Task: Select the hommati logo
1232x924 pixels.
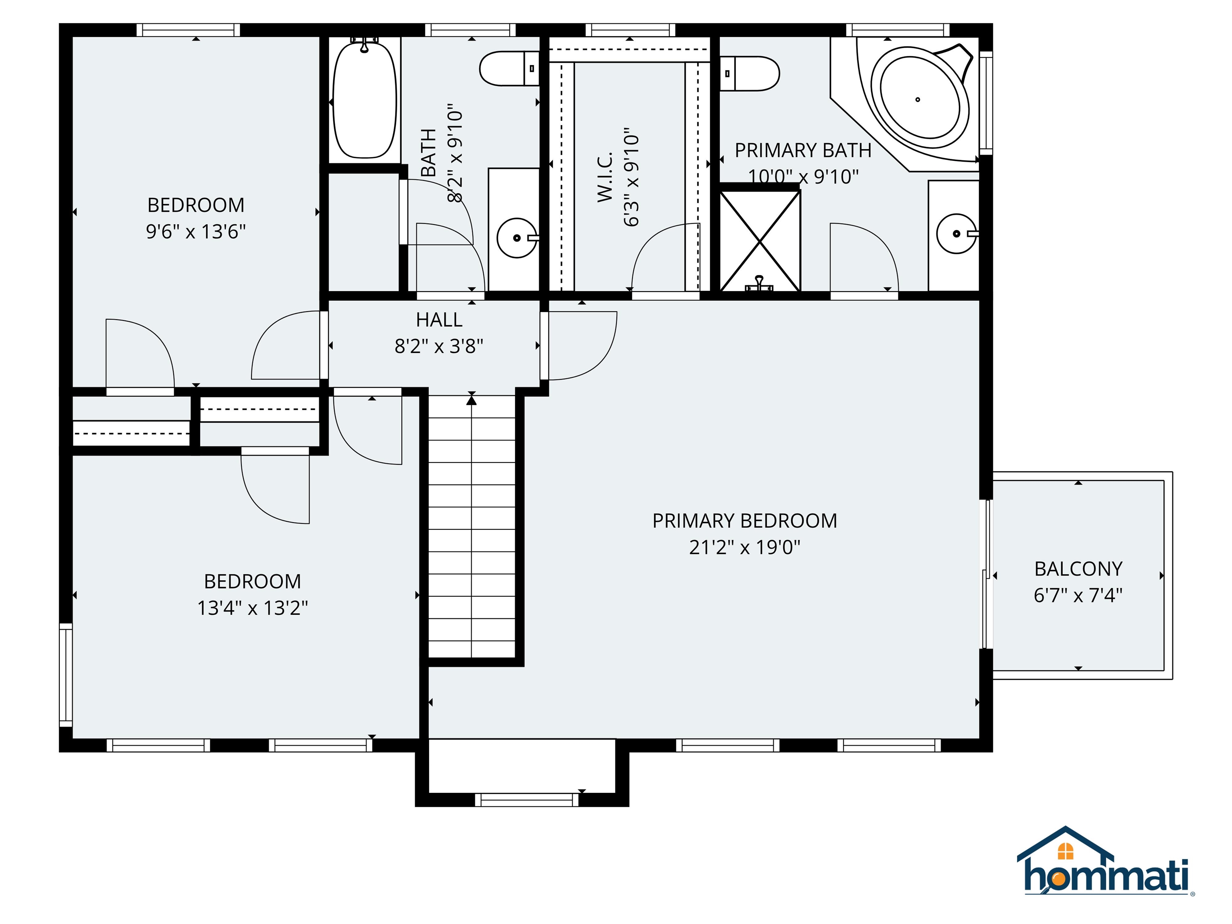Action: click(x=1106, y=869)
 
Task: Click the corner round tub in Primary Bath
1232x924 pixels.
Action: click(x=920, y=100)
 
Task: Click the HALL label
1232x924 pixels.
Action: click(x=439, y=320)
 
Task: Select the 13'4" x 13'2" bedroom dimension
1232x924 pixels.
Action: click(x=252, y=608)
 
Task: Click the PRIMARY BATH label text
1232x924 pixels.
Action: click(x=802, y=150)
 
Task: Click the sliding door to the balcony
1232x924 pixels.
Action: click(x=987, y=573)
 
